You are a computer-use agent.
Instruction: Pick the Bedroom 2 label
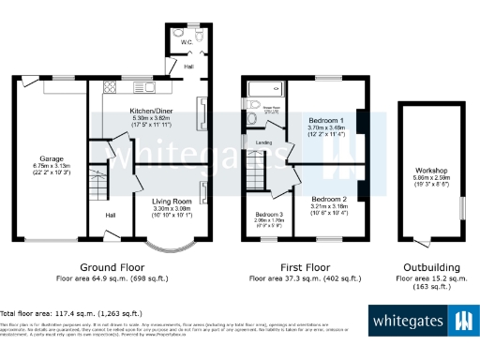[329, 200]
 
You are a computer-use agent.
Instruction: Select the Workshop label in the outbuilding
[431, 171]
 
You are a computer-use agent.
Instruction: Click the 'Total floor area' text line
[71, 313]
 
